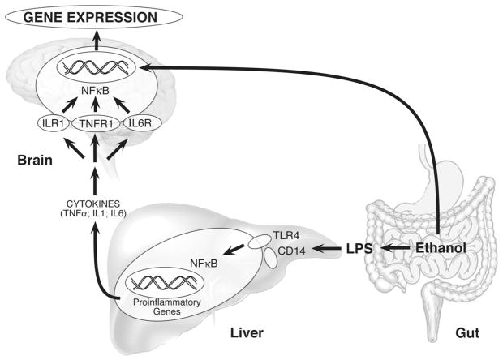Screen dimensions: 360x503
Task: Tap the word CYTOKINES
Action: (96, 203)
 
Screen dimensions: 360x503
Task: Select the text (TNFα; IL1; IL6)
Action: (96, 215)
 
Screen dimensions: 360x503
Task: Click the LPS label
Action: (356, 249)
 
